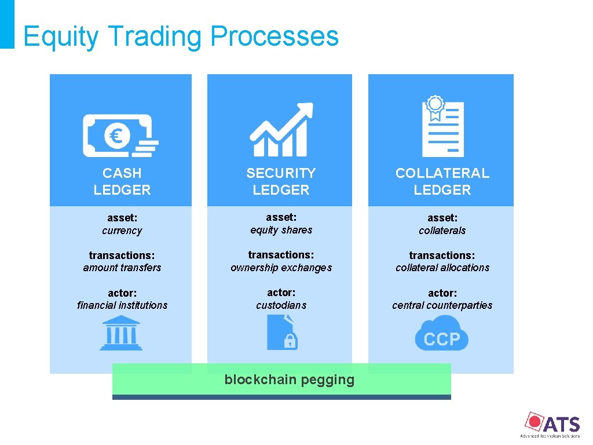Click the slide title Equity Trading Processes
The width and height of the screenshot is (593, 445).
tap(181, 36)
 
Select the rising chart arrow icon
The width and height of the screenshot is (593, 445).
tap(281, 130)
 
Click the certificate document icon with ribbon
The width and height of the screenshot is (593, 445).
tap(442, 127)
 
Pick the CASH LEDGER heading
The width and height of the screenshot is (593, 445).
tap(122, 181)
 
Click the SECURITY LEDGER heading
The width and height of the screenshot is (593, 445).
tap(281, 181)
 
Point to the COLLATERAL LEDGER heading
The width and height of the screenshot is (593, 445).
tap(442, 181)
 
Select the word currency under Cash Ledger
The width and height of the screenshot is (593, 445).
tap(122, 231)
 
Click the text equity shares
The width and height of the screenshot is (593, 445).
tap(281, 230)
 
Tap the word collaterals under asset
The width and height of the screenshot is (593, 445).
tap(442, 231)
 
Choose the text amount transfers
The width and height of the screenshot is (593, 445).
tap(122, 268)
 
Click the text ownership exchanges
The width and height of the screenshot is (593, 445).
tap(281, 268)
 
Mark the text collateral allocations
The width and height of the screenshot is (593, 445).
tap(442, 268)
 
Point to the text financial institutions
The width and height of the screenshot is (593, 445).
tap(122, 305)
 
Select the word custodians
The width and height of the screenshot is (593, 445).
tap(281, 305)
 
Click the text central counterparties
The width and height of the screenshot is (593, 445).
tap(442, 305)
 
